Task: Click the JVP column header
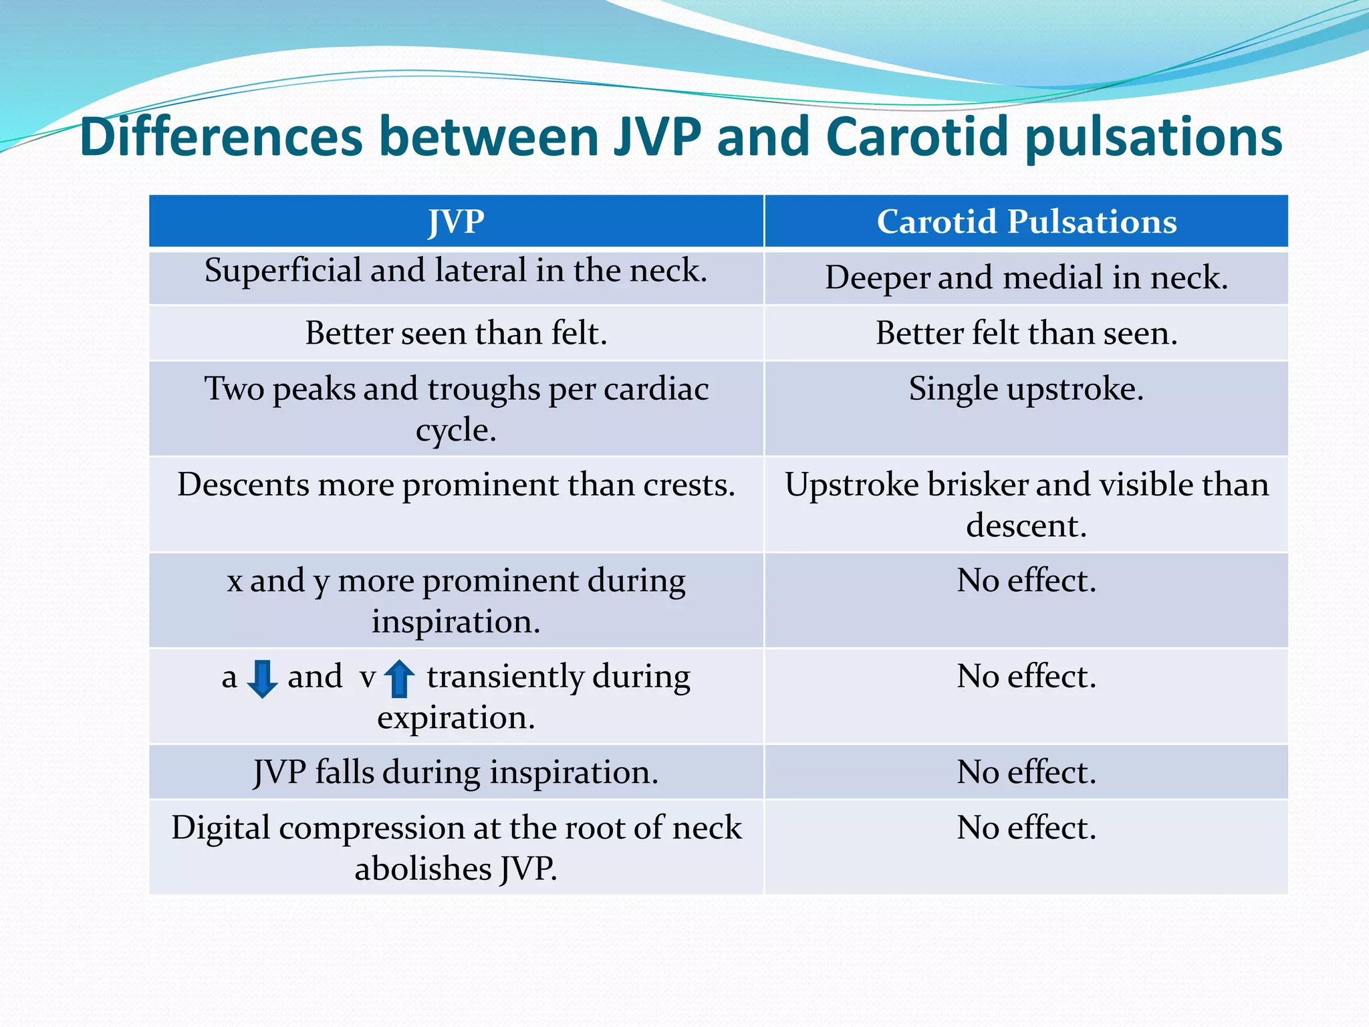pos(456,221)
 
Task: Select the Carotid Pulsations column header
pos(1026,221)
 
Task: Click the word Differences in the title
pos(221,137)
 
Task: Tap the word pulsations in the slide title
pos(1153,137)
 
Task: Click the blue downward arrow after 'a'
pos(262,679)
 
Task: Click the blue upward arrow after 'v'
pos(400,679)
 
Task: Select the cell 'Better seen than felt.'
pos(456,333)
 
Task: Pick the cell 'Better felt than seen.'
pos(1026,333)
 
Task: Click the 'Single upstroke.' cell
pos(1026,388)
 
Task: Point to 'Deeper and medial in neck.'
pos(1026,277)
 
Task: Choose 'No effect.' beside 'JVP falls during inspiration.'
pos(1026,772)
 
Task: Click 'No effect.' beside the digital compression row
pos(1026,828)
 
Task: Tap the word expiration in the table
pos(456,718)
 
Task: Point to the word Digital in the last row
pos(221,828)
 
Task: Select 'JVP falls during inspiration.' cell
pos(456,772)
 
